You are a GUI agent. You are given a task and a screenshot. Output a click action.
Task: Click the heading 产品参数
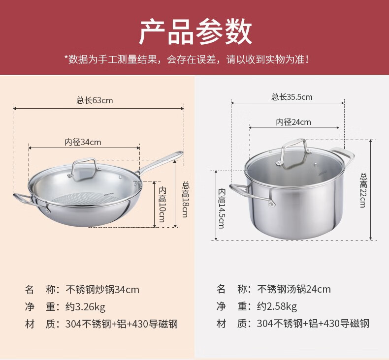195,32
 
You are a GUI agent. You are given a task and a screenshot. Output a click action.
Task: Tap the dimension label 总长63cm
95,100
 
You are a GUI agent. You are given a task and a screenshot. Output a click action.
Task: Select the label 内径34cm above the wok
83,142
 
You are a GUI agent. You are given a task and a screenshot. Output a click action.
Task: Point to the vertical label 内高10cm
162,205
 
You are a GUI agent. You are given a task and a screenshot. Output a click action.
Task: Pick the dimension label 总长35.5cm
292,97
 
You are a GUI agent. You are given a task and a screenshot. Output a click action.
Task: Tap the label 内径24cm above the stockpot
293,122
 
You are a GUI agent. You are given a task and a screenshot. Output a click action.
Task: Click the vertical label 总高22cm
364,190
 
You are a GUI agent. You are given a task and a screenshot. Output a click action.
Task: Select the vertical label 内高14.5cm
222,208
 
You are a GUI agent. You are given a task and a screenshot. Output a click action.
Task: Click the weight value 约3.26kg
85,307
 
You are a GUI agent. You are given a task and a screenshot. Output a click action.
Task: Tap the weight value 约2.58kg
277,307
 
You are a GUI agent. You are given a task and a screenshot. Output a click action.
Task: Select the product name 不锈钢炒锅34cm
102,289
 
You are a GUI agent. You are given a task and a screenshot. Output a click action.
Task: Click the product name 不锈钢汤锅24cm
294,289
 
